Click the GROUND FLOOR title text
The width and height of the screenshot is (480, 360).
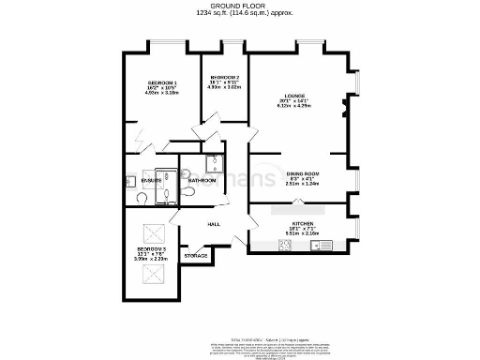tap(240, 6)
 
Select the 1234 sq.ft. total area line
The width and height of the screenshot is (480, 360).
tap(240, 14)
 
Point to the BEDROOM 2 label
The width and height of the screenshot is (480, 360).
tap(224, 77)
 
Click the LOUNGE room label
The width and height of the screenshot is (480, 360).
tap(296, 96)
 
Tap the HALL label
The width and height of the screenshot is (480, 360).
tap(214, 224)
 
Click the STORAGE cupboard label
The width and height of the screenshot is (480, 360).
tap(195, 255)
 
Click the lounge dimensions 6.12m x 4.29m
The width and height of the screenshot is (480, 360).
tap(296, 107)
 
